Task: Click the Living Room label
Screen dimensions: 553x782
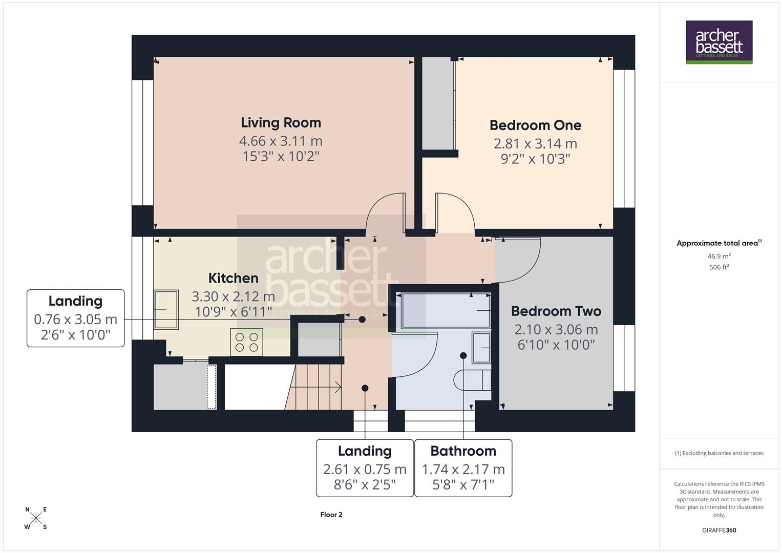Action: (x=281, y=123)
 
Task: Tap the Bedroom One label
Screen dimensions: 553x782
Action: (x=535, y=125)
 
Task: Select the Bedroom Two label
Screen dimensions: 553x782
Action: (x=556, y=311)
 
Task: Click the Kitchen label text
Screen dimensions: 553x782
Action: (x=233, y=278)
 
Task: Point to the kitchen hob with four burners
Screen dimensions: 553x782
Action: (x=246, y=342)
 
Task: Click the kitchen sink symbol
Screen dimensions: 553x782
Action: (x=166, y=310)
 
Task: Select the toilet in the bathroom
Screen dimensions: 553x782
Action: (x=472, y=380)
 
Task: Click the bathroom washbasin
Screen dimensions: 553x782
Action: (x=481, y=348)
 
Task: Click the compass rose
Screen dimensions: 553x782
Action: (x=36, y=518)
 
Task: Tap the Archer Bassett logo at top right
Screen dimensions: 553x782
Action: (x=718, y=42)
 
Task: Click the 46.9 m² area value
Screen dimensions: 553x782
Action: (x=718, y=256)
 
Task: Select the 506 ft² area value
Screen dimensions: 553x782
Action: (x=718, y=267)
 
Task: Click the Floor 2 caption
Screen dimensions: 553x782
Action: (x=331, y=515)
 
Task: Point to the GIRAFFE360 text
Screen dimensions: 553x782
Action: (x=718, y=530)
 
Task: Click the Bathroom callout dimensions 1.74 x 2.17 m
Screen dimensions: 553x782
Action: (x=463, y=469)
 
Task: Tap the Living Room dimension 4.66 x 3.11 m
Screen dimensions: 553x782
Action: (x=281, y=141)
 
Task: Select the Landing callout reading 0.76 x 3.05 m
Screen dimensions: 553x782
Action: (x=75, y=319)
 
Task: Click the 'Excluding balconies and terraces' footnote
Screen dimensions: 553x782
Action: (x=718, y=453)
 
